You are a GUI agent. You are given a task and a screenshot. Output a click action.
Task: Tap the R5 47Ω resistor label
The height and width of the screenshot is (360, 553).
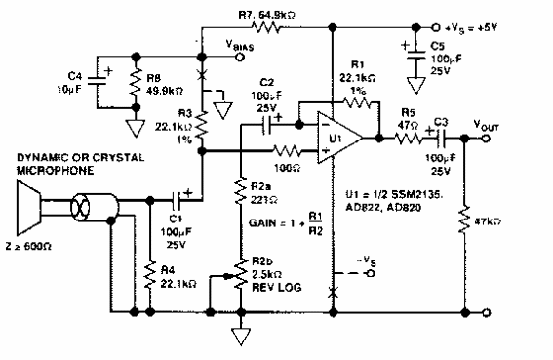(406, 118)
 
